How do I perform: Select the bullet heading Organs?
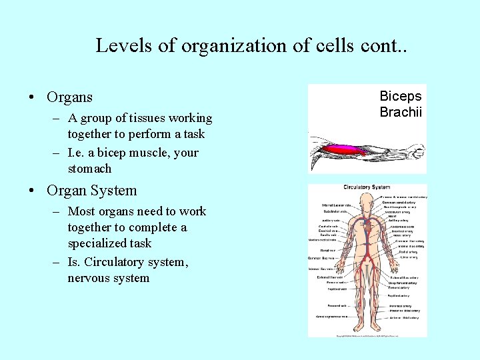[x=69, y=97]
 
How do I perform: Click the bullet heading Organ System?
[x=91, y=190]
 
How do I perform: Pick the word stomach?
[x=89, y=169]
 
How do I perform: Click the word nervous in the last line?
[x=89, y=278]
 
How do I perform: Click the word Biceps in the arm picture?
[x=401, y=97]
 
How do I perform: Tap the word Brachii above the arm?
[x=401, y=112]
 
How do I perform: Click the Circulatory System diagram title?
[x=366, y=188]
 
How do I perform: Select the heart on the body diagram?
[x=367, y=227]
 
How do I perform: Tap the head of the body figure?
[x=366, y=201]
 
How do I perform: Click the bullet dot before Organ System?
[x=32, y=191]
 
